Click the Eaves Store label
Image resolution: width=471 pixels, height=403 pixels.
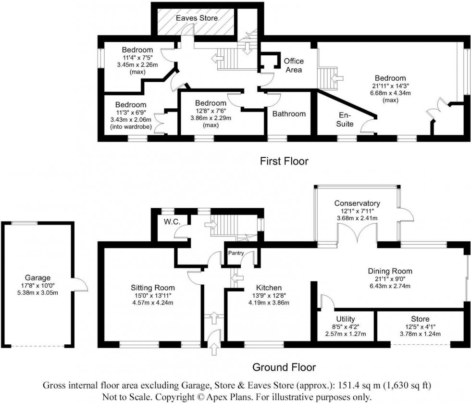coord(197,18)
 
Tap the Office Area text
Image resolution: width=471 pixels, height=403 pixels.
coord(294,65)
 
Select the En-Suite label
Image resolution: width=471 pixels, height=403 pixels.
coord(345,119)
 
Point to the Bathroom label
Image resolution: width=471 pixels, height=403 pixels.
coord(289,114)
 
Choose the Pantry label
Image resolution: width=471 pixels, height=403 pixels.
coord(236,253)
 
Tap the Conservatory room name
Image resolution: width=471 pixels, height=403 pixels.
coord(357,203)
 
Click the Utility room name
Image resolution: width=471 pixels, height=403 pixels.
coord(346,319)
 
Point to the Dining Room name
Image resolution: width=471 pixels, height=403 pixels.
coord(390,271)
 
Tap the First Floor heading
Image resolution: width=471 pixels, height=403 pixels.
coord(284,161)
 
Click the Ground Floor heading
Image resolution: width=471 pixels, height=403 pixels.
coord(284,367)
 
